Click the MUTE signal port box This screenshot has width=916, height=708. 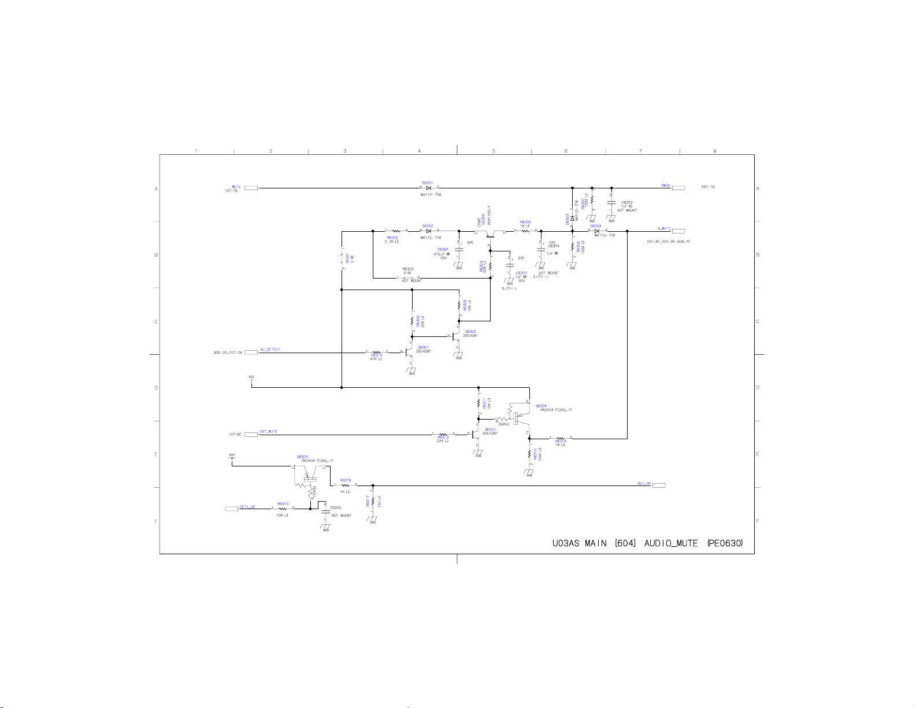251,188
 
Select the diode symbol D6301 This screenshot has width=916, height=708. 428,188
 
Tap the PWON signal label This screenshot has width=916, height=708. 665,186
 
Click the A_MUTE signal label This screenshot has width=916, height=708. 664,228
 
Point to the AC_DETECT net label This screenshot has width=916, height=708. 270,350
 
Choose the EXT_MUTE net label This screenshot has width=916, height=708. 268,432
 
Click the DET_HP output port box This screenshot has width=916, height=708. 659,485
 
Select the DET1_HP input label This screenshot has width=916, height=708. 247,506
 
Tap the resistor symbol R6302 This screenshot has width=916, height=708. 396,231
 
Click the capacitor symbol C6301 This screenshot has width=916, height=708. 459,249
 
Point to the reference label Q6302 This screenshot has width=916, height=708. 471,331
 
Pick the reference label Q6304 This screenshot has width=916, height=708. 541,406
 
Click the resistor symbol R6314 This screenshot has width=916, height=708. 560,439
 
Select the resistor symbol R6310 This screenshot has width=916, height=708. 376,352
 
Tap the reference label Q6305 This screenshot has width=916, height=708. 302,457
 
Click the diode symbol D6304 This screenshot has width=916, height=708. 596,231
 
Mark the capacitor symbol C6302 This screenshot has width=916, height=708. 611,203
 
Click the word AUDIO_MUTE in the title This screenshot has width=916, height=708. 671,544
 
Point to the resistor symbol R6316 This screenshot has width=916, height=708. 345,485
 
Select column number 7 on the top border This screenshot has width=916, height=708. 640,151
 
